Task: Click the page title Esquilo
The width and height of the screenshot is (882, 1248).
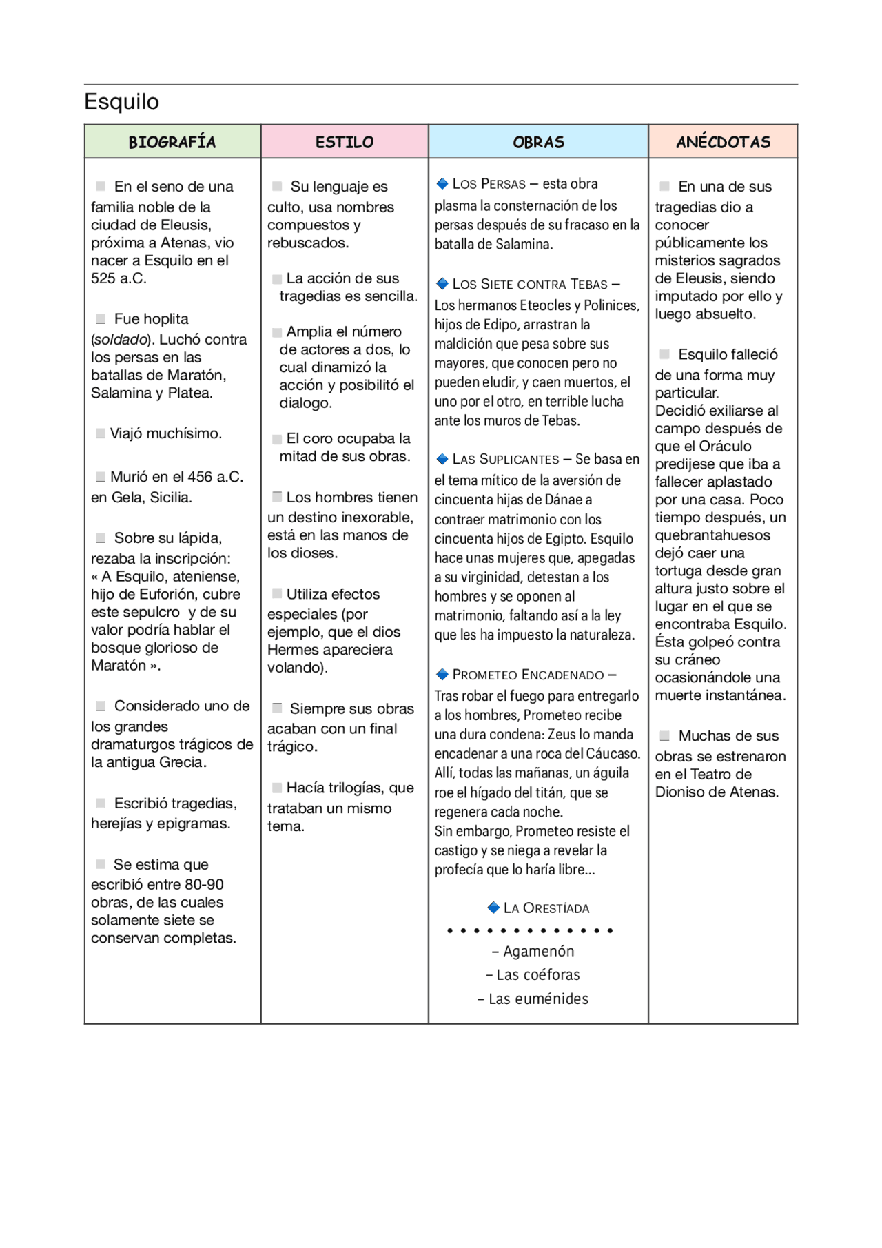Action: tap(121, 101)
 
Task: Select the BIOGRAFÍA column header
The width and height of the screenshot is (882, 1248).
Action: tap(172, 142)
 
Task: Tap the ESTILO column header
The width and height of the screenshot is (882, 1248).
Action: tap(345, 142)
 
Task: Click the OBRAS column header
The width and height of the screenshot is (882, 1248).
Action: tap(538, 142)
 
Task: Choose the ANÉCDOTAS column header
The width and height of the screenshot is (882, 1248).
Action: tap(723, 142)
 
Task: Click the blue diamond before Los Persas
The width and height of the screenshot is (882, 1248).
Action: tap(442, 183)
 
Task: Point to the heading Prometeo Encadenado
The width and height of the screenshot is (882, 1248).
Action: tap(528, 675)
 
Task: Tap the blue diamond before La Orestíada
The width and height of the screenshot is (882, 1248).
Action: tap(493, 908)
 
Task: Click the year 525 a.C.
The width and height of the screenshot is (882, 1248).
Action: tap(119, 278)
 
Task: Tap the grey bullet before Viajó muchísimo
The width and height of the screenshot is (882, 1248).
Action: tap(101, 433)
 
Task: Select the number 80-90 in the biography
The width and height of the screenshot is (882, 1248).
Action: tap(203, 884)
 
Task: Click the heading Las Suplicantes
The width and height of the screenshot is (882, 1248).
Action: tap(506, 459)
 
